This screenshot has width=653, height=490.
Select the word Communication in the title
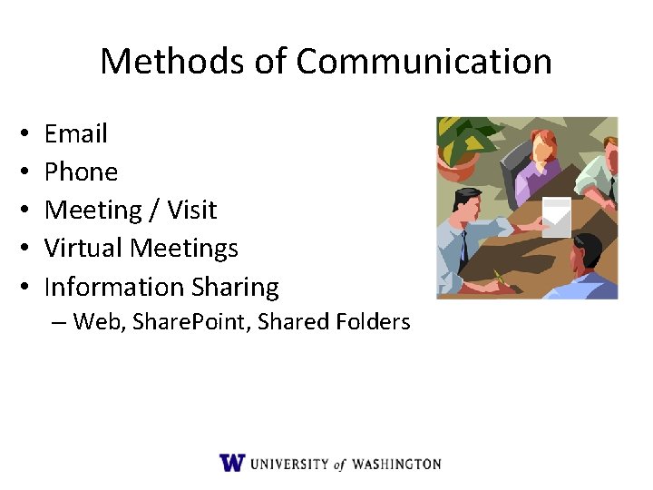coord(424,62)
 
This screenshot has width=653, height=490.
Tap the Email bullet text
coord(76,134)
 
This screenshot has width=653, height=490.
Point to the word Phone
coord(81,172)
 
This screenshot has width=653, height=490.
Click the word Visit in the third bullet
coord(193,211)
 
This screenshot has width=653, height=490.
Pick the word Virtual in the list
coord(83,249)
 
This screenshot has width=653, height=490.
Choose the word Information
coord(114,288)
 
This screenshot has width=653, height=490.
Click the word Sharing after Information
coord(235,288)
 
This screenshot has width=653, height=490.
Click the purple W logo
coord(232,463)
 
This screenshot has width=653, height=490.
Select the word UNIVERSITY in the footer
coord(289,464)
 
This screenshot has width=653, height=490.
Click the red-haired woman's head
coord(542,142)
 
